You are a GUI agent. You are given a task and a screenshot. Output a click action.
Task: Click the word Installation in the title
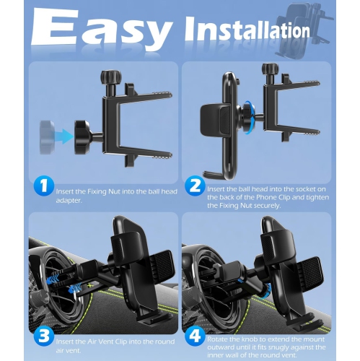coord(247,31)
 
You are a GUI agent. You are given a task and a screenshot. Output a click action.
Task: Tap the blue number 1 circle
coord(44,186)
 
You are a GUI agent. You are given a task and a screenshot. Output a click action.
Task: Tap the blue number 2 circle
coord(195,186)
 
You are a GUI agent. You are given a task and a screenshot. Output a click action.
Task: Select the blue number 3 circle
coord(44,336)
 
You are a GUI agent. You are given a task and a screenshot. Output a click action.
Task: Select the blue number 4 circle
coord(195,336)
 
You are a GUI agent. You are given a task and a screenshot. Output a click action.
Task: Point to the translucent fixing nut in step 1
coord(47,137)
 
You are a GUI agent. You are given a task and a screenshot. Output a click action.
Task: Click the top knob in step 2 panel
coord(271,70)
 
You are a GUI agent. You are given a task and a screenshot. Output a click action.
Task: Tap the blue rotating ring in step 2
coord(248,117)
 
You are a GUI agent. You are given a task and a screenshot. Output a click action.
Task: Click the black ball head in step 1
coord(82,137)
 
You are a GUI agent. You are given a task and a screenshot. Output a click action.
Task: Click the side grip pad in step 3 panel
coord(162,264)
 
